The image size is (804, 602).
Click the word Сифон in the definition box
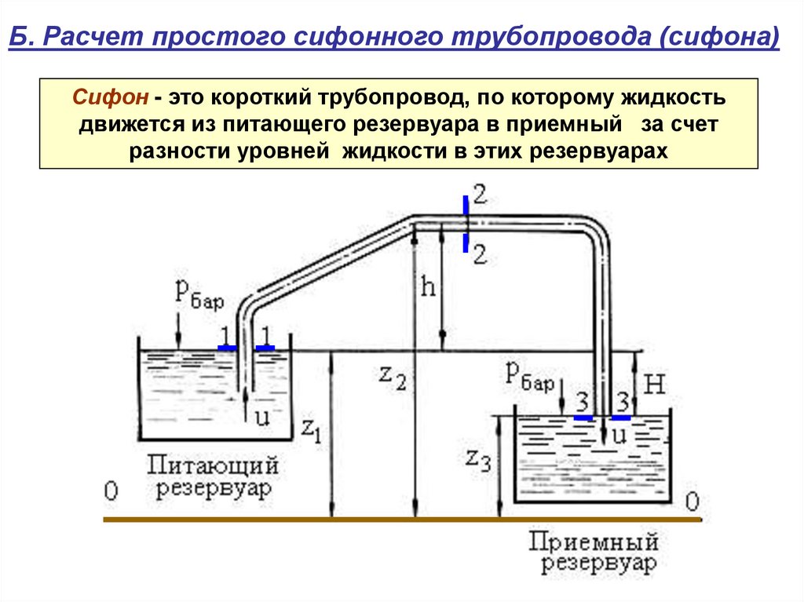[x=111, y=99]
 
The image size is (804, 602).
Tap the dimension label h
[x=428, y=286]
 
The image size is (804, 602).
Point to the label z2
[x=392, y=377]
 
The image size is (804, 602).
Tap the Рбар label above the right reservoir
[x=529, y=378]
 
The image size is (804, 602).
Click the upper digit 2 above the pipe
[x=479, y=196]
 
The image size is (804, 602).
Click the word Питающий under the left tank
[x=213, y=465]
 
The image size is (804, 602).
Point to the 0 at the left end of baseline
[x=111, y=491]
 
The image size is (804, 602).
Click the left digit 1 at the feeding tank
[x=225, y=333]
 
